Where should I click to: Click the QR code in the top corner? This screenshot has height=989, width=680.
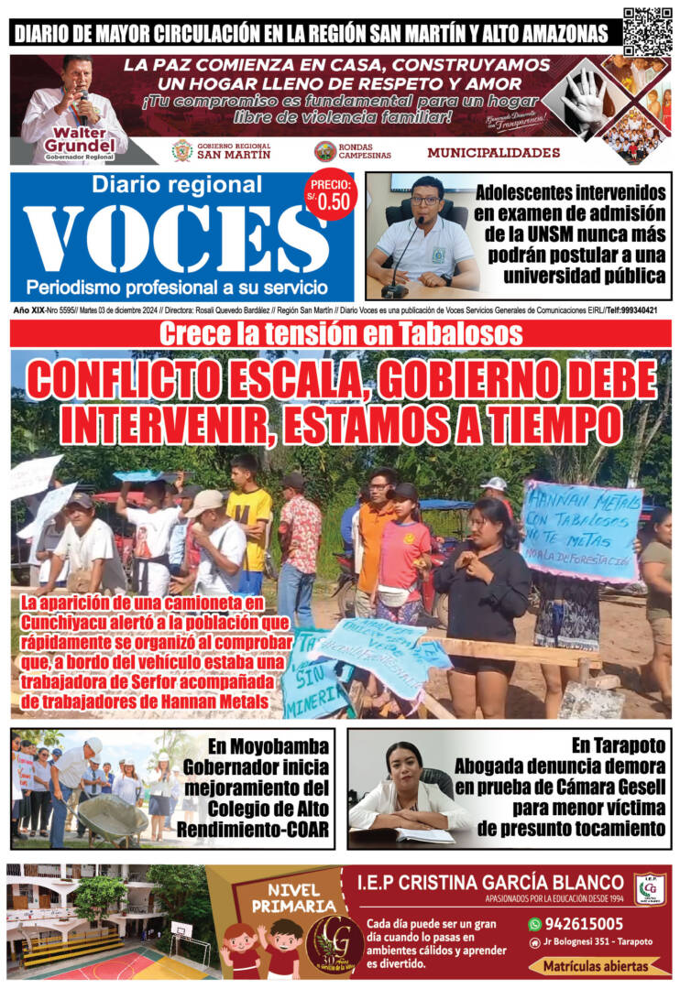click(647, 31)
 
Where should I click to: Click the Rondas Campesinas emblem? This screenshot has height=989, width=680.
click(324, 151)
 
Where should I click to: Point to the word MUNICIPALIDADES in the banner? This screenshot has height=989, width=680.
click(493, 152)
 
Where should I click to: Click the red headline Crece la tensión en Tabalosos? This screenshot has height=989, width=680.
click(340, 333)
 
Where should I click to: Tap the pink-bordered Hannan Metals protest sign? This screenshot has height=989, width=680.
click(580, 530)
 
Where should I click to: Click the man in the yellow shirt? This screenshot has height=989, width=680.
click(249, 522)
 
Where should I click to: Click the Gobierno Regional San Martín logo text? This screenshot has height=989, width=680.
click(234, 151)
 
